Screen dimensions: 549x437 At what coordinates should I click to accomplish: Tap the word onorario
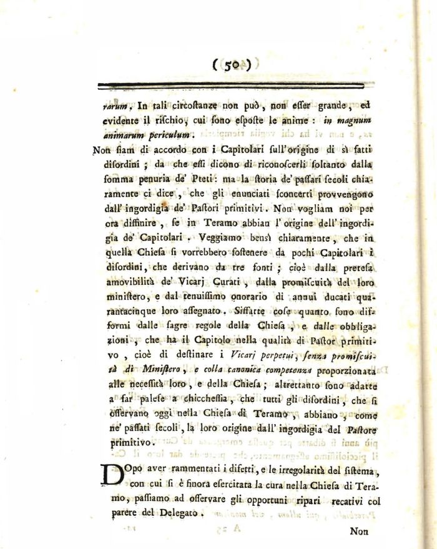(x=250, y=297)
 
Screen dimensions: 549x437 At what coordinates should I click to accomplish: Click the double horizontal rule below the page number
(x=232, y=84)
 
